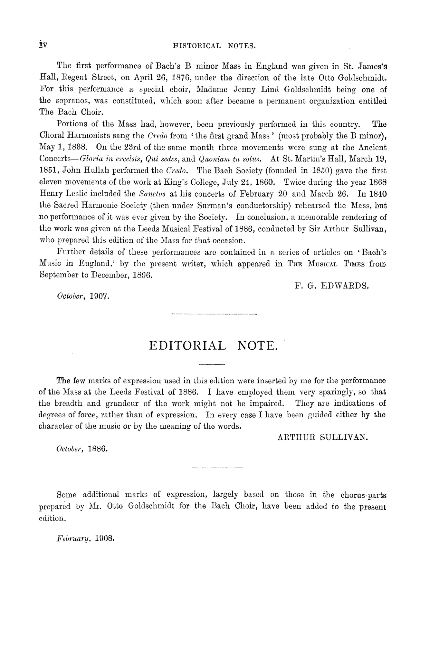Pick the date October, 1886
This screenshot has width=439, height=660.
pos(81,449)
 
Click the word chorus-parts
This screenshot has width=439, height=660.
pos(362,494)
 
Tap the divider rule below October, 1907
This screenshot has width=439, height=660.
pos(215,313)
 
